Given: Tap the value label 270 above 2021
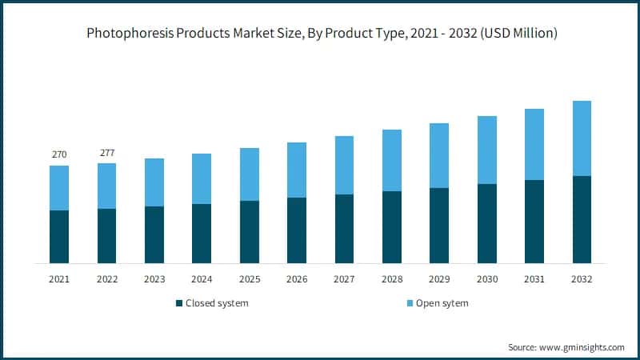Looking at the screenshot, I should (59, 154).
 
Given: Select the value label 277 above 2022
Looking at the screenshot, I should (106, 153).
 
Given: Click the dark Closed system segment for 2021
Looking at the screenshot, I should (59, 237).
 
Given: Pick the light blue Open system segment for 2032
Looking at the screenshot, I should (582, 138).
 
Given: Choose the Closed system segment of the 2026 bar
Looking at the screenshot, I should (297, 230).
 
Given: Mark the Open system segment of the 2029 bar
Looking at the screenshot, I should (439, 156).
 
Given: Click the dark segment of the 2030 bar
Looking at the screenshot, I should (486, 224).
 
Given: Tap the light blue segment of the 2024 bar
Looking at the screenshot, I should (202, 179).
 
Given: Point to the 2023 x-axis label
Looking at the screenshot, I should (154, 279).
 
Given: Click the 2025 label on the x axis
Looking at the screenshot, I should (249, 279).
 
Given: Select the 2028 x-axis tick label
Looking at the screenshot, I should (392, 279).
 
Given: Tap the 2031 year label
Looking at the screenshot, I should (534, 279).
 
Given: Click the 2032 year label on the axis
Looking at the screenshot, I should (582, 279).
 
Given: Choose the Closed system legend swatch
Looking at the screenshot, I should (178, 303).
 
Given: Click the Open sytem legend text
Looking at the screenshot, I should (440, 303).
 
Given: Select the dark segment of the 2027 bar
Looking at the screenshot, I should (344, 229).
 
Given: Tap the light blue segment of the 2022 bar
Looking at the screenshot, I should (106, 186).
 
